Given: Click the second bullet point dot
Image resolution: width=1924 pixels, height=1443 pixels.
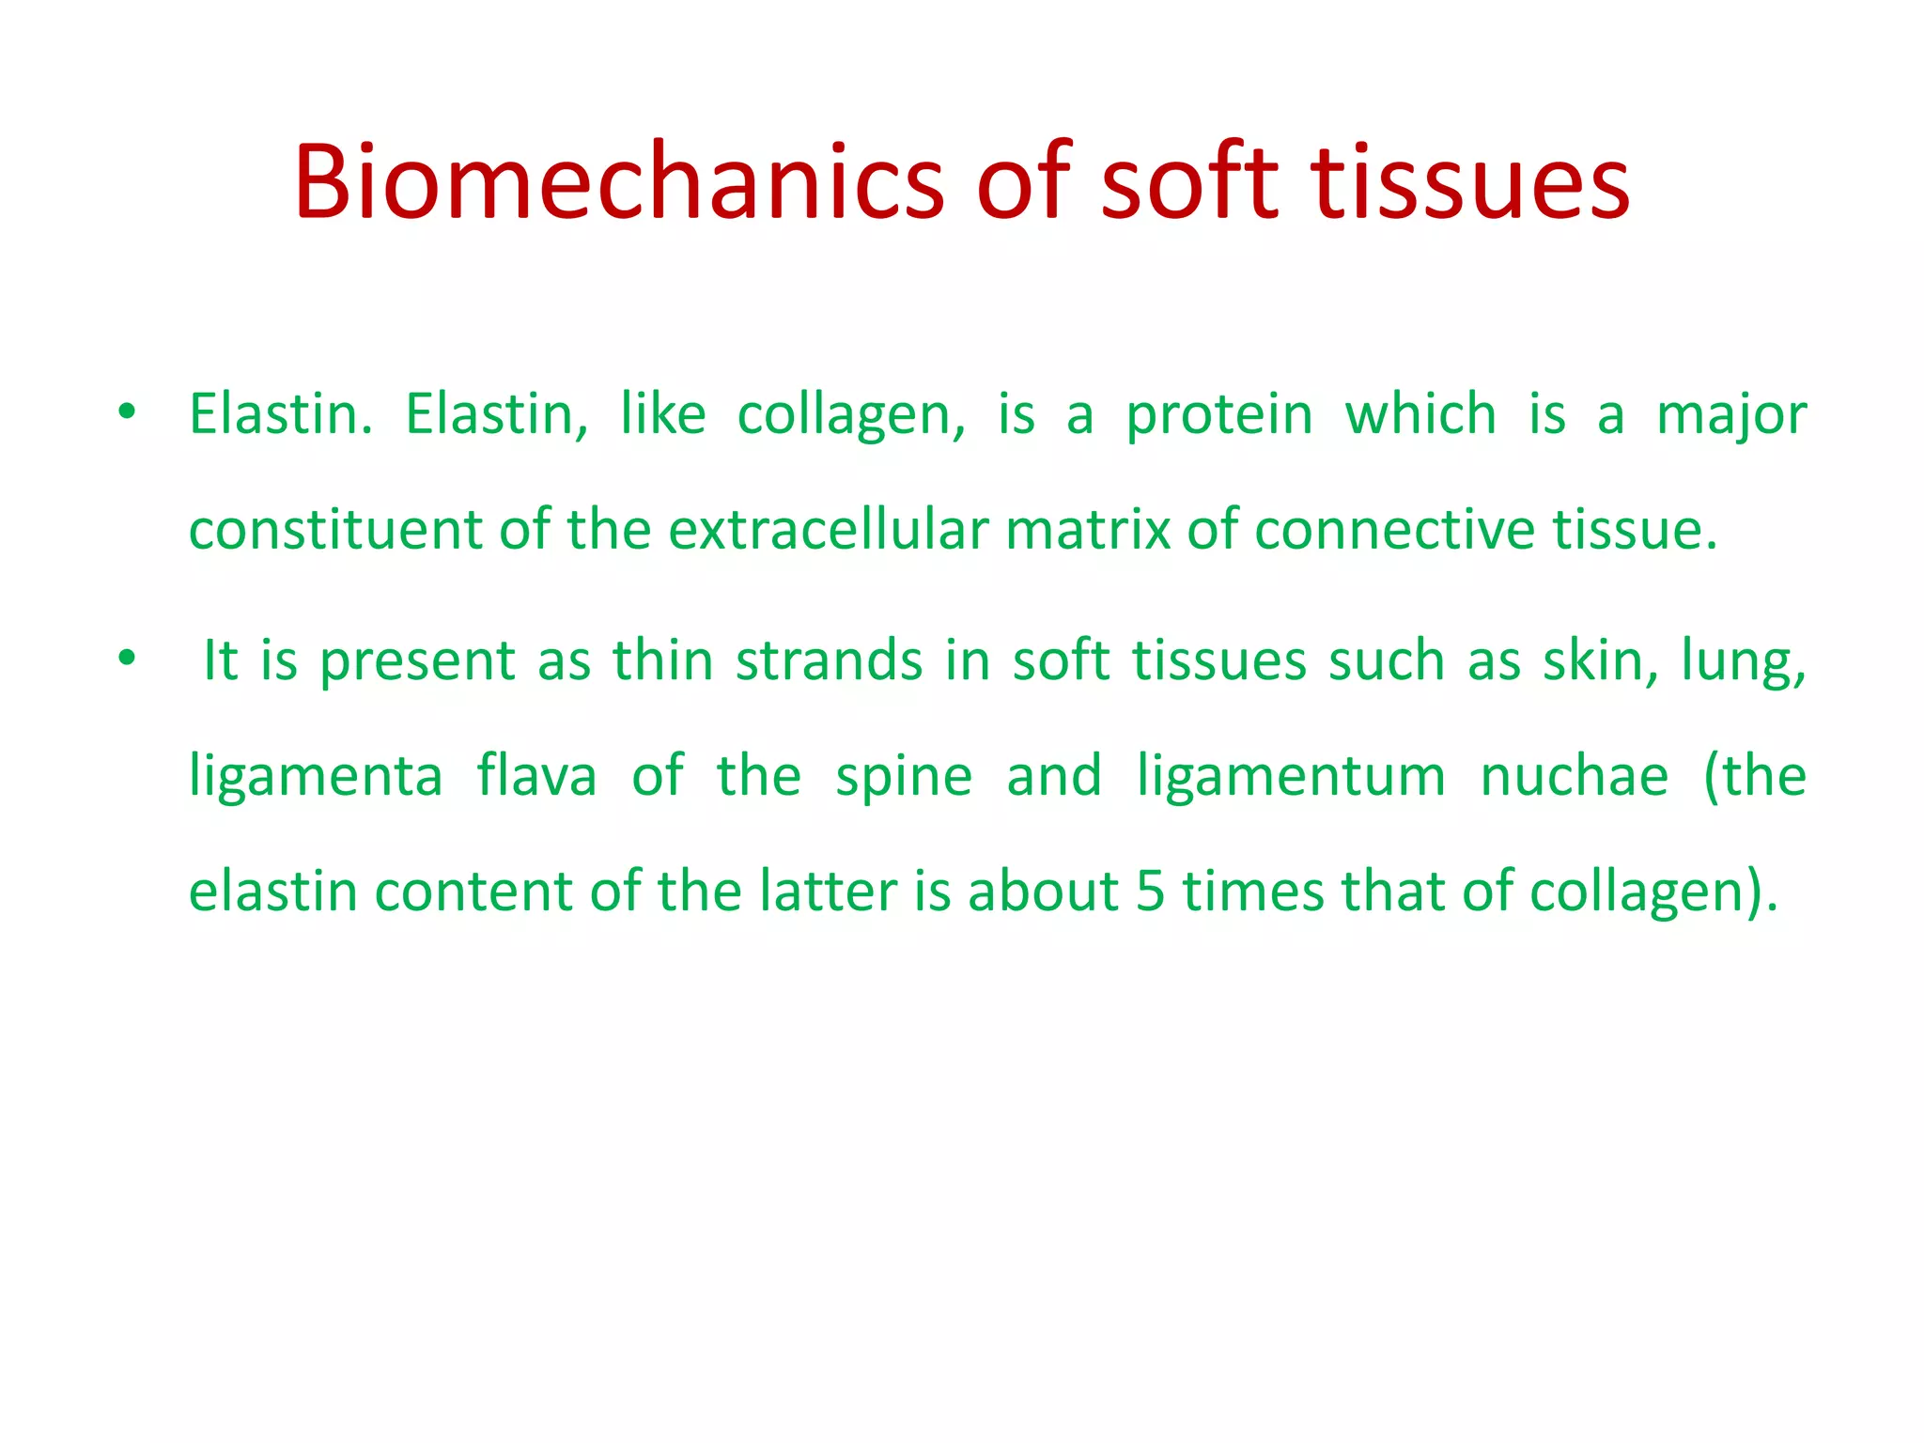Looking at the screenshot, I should (127, 659).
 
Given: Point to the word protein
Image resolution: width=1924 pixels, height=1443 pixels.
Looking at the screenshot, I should (1219, 415).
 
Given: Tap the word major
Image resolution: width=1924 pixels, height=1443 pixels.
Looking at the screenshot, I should (1731, 415).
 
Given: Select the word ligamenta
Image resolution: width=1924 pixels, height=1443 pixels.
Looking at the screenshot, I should (316, 778).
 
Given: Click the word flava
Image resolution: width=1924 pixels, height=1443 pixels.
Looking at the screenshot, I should (536, 776).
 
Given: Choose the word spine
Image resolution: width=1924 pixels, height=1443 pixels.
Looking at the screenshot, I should (904, 778).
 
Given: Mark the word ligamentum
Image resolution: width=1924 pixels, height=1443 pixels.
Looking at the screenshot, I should (1291, 778).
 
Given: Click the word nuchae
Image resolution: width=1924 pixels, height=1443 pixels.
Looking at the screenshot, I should (1575, 776).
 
